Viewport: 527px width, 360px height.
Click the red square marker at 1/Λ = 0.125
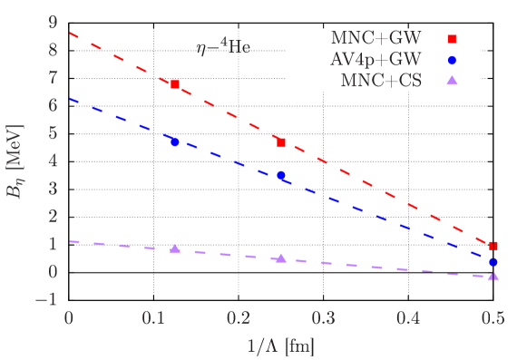coord(175,84)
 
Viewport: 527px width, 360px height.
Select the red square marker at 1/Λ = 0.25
coord(281,143)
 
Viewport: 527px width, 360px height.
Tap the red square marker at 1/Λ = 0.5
coord(493,246)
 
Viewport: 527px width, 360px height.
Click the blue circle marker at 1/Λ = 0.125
coord(175,142)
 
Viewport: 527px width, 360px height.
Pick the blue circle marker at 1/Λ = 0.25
coord(281,175)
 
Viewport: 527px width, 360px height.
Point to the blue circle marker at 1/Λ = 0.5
coord(493,262)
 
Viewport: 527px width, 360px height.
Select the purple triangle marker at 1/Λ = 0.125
coord(175,248)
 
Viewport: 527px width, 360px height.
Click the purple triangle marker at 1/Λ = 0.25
coord(281,258)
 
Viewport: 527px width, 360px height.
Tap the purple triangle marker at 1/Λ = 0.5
coord(493,275)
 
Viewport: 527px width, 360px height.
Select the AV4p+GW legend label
coord(372,60)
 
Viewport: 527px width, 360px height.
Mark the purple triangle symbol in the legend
coord(453,81)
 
